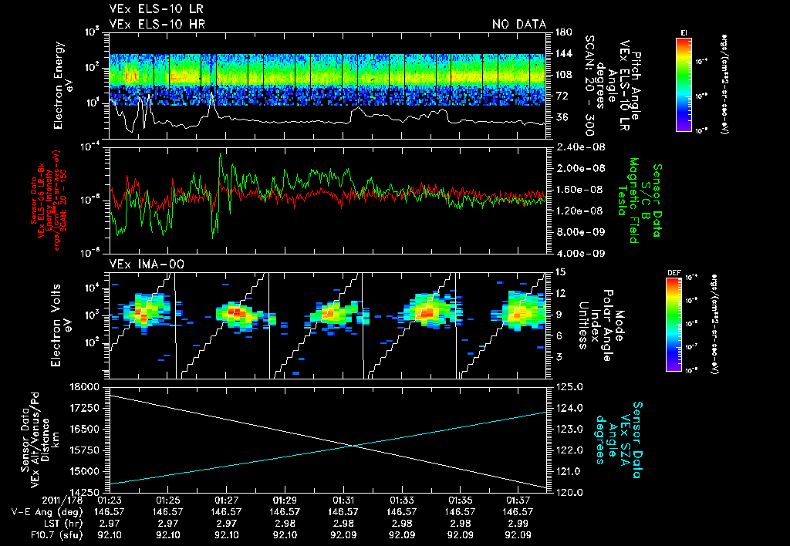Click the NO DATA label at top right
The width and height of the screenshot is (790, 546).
tap(518, 25)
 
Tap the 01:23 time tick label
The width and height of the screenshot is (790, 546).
tap(110, 500)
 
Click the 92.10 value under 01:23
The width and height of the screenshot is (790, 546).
tap(110, 533)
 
